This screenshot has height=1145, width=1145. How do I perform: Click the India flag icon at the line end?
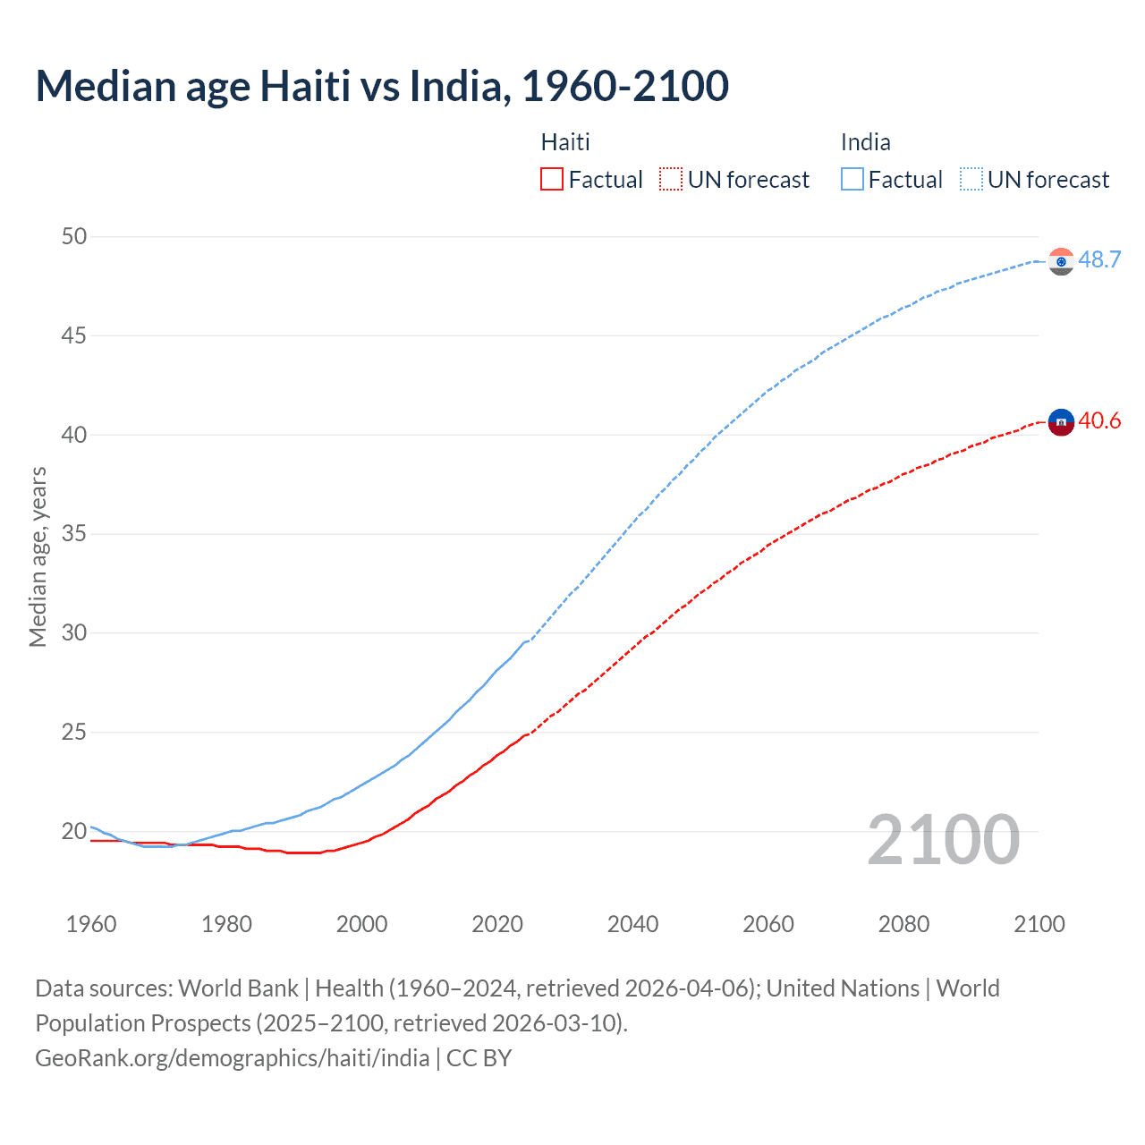pyautogui.click(x=1061, y=261)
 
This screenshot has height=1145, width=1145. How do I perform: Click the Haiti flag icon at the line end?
pyautogui.click(x=1061, y=421)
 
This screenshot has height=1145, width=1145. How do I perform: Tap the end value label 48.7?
pyautogui.click(x=1099, y=259)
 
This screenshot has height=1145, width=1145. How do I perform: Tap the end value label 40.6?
pyautogui.click(x=1099, y=420)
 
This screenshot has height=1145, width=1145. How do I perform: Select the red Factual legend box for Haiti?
pyautogui.click(x=552, y=180)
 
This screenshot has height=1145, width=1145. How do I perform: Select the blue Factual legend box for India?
pyautogui.click(x=852, y=180)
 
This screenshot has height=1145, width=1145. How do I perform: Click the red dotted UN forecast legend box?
pyautogui.click(x=671, y=180)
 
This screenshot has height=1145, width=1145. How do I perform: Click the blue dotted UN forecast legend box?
pyautogui.click(x=971, y=180)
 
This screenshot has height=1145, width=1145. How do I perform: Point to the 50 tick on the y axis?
pyautogui.click(x=74, y=236)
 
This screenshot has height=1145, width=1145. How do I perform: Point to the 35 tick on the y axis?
pyautogui.click(x=74, y=534)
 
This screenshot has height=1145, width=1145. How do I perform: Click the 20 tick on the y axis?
pyautogui.click(x=74, y=831)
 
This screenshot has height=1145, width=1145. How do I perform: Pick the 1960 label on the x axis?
pyautogui.click(x=91, y=924)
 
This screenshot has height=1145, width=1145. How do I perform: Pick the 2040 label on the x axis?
pyautogui.click(x=632, y=924)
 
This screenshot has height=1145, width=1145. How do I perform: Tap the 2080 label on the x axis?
pyautogui.click(x=903, y=924)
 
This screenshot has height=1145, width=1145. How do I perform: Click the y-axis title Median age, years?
pyautogui.click(x=38, y=556)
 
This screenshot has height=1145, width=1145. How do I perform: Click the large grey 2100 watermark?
pyautogui.click(x=943, y=839)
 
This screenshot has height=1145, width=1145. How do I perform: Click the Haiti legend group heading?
pyautogui.click(x=565, y=142)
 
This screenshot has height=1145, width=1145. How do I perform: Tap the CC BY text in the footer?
pyautogui.click(x=479, y=1058)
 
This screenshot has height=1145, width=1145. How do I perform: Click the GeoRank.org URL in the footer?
pyautogui.click(x=233, y=1058)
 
